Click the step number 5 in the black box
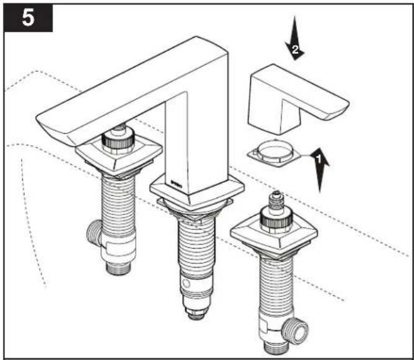[x=28, y=18]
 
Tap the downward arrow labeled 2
[x=294, y=38]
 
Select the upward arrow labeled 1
[x=319, y=170]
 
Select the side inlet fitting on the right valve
[x=294, y=330]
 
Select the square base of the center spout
[x=196, y=191]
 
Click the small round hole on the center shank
[x=186, y=284]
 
